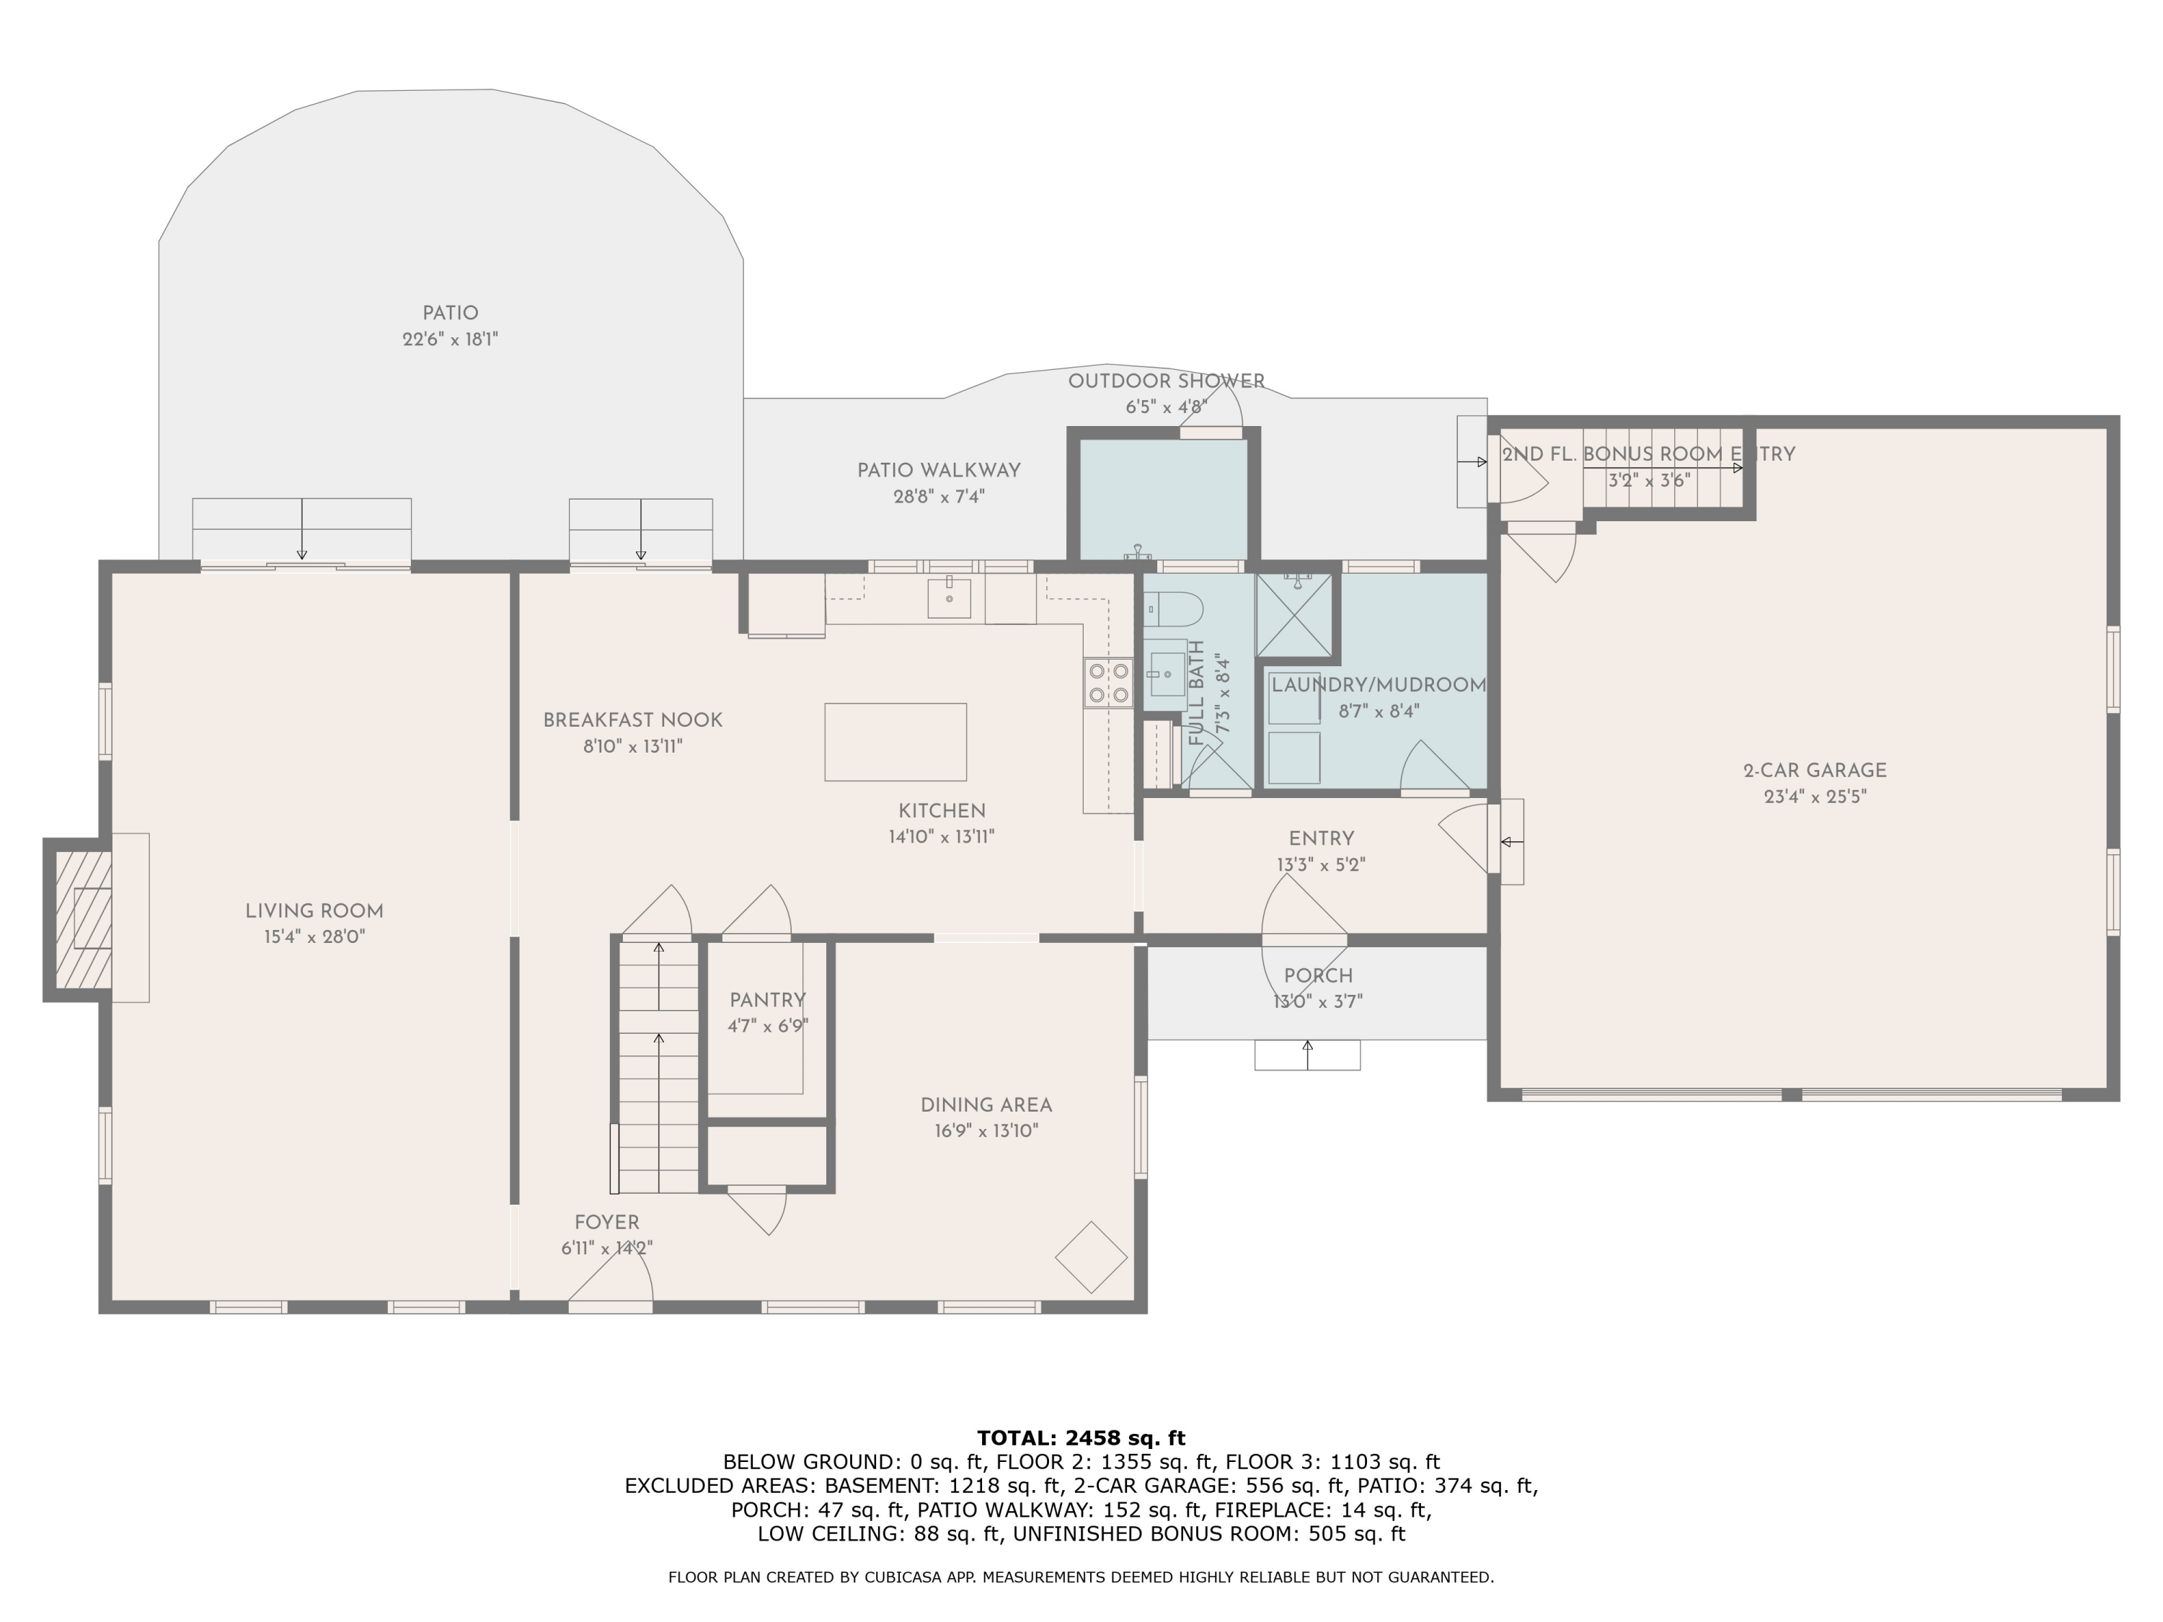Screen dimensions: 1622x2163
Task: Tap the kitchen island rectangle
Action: (895, 742)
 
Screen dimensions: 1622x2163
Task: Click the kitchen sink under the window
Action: (949, 598)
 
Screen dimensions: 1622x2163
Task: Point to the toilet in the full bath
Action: (1173, 609)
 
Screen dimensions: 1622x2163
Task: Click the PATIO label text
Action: (450, 314)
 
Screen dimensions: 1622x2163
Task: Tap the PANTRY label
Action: (768, 1000)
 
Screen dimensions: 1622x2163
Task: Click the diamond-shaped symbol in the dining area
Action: (1092, 1257)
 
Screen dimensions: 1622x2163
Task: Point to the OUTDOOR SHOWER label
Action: (1166, 381)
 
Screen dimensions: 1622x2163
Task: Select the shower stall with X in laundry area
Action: (1295, 615)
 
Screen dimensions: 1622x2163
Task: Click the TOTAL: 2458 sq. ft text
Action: (1081, 1438)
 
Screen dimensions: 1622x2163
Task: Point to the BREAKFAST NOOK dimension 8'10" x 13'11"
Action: (632, 747)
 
